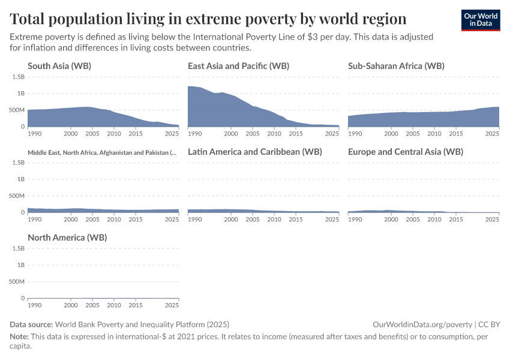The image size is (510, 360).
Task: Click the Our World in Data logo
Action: (x=481, y=20)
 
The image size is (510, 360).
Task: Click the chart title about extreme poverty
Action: (x=208, y=19)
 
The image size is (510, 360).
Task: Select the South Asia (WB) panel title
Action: (x=59, y=66)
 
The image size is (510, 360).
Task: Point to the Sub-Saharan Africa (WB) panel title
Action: (x=396, y=66)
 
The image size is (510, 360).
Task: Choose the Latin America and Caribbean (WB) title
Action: (x=255, y=152)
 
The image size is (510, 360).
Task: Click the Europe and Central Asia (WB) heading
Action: (x=406, y=152)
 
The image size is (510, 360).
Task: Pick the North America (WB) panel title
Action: (x=67, y=238)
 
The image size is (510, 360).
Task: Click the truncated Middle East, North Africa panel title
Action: (x=102, y=152)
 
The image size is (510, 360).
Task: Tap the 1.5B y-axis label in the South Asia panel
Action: (x=18, y=77)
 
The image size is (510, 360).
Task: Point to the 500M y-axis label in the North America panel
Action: (x=17, y=281)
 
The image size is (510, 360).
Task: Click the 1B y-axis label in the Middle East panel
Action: (x=20, y=179)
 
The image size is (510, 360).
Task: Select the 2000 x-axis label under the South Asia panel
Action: (x=71, y=134)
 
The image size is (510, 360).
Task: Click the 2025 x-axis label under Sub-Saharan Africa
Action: (x=492, y=134)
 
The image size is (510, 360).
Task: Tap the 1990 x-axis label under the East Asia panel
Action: (x=194, y=134)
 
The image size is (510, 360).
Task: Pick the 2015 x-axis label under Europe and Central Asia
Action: (x=455, y=220)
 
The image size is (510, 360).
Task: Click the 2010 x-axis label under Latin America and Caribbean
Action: (x=274, y=220)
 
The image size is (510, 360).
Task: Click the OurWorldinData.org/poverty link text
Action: (x=422, y=324)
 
